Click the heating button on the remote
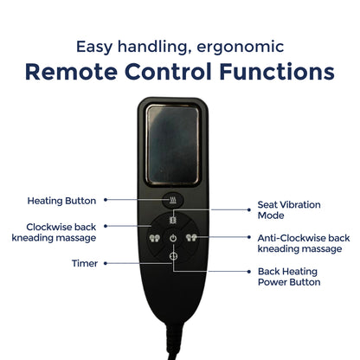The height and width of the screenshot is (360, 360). (x=173, y=200)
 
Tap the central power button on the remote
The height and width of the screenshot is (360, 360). (x=173, y=238)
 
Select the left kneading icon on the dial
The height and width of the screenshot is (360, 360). (x=154, y=238)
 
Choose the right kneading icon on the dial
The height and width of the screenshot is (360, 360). (x=191, y=238)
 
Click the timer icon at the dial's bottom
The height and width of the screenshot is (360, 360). (x=173, y=256)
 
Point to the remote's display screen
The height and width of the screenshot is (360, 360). (x=173, y=145)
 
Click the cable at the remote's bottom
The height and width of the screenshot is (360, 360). (x=175, y=344)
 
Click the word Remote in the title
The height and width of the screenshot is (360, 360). (x=71, y=71)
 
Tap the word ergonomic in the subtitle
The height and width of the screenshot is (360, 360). (x=241, y=47)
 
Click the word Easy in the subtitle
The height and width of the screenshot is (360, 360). (x=94, y=47)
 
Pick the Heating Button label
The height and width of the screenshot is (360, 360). (x=61, y=201)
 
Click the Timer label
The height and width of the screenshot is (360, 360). (x=85, y=263)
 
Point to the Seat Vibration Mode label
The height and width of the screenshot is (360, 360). (x=289, y=210)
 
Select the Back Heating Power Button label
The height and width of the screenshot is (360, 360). (x=289, y=277)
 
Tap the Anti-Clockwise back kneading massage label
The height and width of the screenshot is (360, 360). (x=304, y=243)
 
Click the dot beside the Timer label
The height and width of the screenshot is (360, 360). (x=106, y=263)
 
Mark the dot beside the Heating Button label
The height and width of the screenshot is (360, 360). (x=106, y=200)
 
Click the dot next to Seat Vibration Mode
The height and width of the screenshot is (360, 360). (x=249, y=209)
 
